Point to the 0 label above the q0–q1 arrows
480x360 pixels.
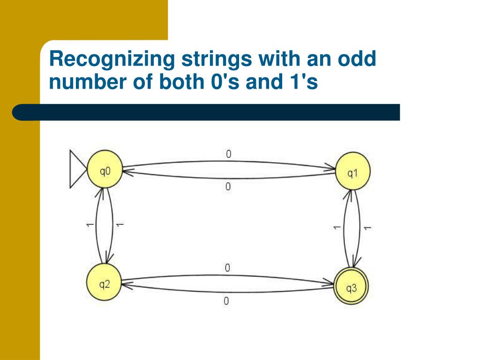pos(228,154)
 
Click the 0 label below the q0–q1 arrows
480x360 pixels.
pos(228,187)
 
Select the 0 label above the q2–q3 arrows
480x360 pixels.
pos(227,268)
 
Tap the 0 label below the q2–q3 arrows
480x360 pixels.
pos(226,301)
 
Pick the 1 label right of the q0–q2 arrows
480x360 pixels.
pos(120,225)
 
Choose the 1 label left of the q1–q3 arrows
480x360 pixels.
pos(337,227)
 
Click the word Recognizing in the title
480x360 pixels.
pos(112,60)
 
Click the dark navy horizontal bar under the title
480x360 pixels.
pos(206,112)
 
